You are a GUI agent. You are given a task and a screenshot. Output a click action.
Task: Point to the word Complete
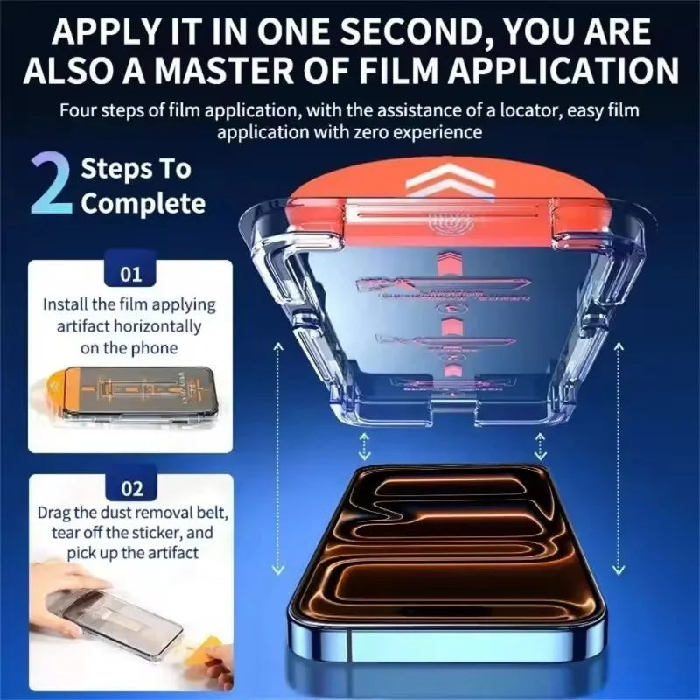[x=143, y=204]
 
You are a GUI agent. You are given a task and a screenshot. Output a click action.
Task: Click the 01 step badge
[x=130, y=275]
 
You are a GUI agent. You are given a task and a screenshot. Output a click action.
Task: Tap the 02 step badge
[x=130, y=489]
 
